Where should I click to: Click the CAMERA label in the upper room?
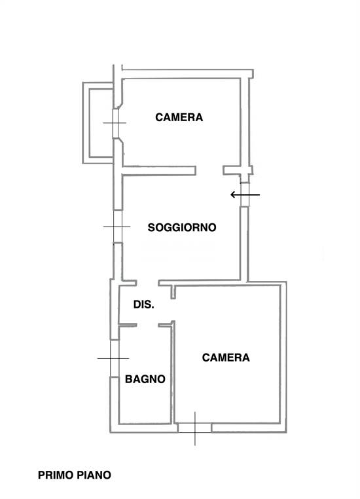point(179,118)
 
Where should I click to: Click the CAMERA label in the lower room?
point(226,358)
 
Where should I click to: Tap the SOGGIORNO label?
point(182,228)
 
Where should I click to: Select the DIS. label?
point(143,305)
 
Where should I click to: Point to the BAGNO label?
point(145,379)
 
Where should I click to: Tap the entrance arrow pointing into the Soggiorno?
point(245,194)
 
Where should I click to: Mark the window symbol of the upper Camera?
point(116,123)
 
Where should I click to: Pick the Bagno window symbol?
point(114,358)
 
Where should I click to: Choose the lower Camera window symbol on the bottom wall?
point(195,428)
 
